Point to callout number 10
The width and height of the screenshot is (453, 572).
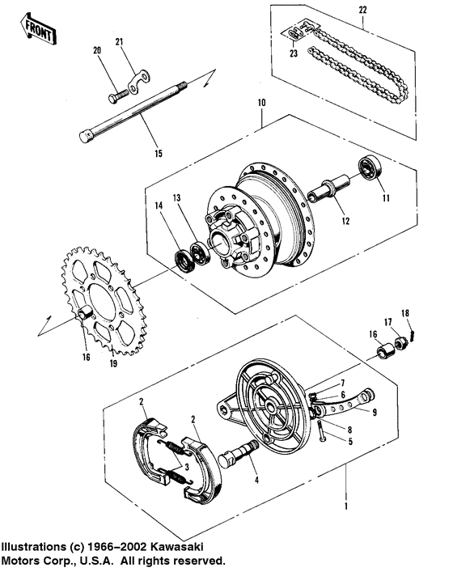pyautogui.click(x=261, y=104)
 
